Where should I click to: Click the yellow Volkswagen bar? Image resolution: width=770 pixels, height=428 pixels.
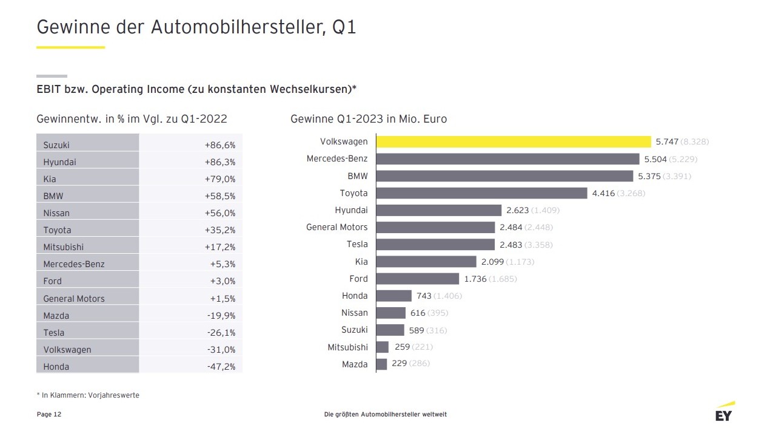513,141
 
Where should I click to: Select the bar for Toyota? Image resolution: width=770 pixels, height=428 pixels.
481,193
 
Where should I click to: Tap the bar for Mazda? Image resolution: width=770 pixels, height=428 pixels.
381,364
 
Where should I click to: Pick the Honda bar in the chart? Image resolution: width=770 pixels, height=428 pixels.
393,296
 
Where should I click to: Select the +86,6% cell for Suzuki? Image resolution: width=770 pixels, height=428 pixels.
220,145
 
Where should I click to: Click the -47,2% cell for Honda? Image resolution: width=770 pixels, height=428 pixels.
220,367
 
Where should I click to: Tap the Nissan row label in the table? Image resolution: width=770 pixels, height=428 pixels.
56,213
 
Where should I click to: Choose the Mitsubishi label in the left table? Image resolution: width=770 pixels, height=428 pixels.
64,247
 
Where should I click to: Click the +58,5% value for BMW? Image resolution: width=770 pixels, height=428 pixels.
220,196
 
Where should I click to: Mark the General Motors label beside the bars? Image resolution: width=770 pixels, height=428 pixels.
336,227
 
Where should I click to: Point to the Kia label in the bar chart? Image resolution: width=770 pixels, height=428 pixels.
361,262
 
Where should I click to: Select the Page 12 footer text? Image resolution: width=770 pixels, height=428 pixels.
49,415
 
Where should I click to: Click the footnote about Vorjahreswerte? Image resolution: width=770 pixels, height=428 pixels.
88,395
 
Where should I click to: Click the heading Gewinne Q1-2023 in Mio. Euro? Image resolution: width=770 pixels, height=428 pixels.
369,119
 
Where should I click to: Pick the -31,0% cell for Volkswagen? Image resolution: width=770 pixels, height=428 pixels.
220,350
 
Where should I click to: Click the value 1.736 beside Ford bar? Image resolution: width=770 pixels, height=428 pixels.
475,279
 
